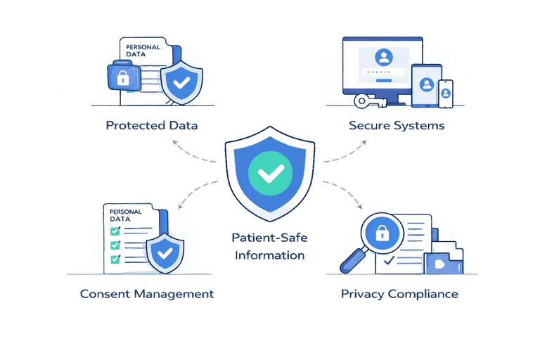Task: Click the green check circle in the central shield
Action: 270,172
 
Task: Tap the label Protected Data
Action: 153,126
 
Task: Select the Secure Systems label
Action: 397,126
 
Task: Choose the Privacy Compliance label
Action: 400,293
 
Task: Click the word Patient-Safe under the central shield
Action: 270,239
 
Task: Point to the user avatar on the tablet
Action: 425,83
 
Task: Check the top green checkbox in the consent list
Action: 114,231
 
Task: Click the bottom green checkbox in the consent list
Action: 114,259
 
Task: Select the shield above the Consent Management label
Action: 165,251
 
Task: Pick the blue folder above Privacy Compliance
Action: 442,258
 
